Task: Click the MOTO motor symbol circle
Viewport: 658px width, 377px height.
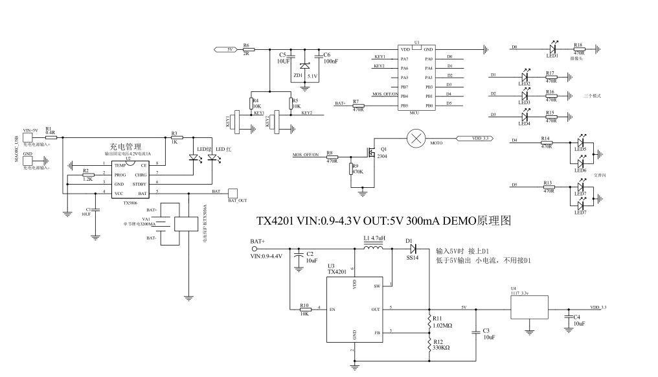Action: click(414, 139)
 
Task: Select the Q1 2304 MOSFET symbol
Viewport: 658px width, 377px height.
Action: click(371, 153)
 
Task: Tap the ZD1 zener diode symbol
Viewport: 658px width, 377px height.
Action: click(305, 65)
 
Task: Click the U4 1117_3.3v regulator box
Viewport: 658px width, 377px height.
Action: click(529, 307)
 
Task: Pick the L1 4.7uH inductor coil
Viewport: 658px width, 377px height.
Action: click(374, 247)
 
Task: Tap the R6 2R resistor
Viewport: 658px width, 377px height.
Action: click(247, 49)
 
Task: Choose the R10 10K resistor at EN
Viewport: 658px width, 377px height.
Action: click(304, 310)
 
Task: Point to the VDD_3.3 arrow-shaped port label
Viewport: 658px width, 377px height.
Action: click(475, 139)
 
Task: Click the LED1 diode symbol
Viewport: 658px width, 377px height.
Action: click(552, 47)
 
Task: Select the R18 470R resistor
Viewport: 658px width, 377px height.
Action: click(578, 48)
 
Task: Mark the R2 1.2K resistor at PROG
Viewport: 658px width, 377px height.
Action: click(87, 174)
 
